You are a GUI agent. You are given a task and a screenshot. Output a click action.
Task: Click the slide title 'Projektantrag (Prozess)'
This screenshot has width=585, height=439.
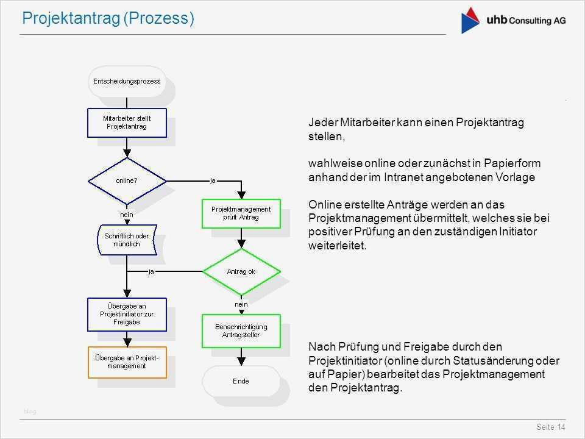click(108, 19)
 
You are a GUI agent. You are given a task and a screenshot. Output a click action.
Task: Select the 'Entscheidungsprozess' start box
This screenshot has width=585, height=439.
click(127, 81)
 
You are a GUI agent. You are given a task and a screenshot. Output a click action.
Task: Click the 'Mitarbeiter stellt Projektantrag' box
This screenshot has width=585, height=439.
click(127, 123)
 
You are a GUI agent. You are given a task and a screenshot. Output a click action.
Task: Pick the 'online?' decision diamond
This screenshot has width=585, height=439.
click(127, 180)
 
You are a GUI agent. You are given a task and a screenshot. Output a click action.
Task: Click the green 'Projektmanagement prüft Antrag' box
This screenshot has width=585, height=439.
click(241, 213)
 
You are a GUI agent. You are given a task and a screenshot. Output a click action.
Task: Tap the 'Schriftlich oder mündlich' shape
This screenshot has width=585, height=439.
click(126, 240)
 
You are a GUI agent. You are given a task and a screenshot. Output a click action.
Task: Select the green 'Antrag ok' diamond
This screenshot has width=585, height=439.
click(241, 271)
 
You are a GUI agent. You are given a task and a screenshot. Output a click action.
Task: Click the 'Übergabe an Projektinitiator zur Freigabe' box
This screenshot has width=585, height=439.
click(127, 314)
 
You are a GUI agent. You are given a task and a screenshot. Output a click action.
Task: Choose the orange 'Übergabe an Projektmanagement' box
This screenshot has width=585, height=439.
click(127, 362)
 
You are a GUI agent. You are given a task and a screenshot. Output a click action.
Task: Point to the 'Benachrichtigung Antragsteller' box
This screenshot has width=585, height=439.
click(241, 330)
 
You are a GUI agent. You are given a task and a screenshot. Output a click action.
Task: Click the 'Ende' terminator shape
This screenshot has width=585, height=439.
click(241, 381)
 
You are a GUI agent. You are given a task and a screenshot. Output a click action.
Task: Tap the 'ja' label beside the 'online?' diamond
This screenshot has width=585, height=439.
click(213, 180)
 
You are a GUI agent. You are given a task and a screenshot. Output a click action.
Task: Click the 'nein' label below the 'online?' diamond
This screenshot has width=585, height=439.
click(126, 214)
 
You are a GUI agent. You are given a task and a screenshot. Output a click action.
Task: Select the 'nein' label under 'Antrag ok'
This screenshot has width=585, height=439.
click(241, 304)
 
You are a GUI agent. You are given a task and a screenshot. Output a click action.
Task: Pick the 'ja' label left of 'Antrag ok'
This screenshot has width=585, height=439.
click(151, 271)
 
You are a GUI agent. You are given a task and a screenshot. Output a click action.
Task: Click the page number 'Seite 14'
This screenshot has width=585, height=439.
click(552, 427)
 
